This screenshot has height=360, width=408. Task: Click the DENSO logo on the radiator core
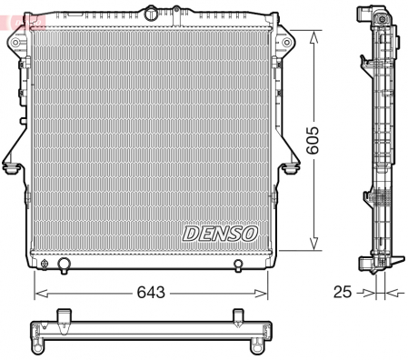[221, 233]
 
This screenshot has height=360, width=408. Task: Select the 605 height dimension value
[313, 140]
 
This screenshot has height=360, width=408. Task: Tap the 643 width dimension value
[152, 292]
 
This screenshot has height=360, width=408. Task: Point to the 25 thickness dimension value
[343, 292]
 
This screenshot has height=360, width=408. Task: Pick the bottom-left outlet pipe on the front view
[64, 265]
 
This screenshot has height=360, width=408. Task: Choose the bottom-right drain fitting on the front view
[238, 265]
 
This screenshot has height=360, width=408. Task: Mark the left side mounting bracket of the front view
[11, 164]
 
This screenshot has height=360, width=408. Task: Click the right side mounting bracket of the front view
[290, 164]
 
